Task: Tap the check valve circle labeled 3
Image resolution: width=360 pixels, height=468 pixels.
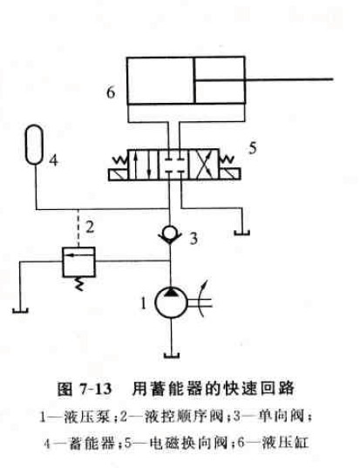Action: coord(170,232)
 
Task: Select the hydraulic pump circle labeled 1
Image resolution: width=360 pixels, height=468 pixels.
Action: coord(172,302)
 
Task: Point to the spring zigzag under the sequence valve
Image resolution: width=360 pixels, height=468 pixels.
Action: coord(78,283)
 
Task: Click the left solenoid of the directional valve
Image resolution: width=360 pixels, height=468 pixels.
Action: coord(118,174)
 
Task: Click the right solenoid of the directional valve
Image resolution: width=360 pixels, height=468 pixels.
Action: coord(230,174)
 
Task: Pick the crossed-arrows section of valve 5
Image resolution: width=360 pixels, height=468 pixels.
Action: coord(204,165)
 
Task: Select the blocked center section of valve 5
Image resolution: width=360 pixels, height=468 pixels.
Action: coord(173,165)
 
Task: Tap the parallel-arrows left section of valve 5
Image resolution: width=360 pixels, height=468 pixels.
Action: coord(143,165)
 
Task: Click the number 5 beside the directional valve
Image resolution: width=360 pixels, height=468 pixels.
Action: coord(253,148)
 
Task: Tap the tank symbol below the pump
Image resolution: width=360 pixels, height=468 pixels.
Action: coord(172,356)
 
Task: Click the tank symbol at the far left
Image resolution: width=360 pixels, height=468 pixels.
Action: coord(20,311)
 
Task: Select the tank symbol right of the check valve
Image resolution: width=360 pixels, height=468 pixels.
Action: coord(241,233)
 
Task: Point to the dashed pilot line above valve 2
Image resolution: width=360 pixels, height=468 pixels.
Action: coord(78,228)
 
